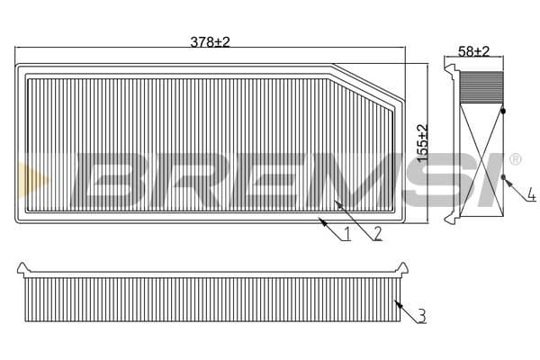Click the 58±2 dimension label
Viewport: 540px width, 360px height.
pos(472,51)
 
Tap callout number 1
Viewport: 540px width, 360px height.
pos(346,236)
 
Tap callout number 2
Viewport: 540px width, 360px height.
pos(378,234)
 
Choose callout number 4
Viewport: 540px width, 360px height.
pos(531,193)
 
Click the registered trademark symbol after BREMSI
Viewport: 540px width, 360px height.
pos(515,159)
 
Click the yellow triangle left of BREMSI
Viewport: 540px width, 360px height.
pos(24,172)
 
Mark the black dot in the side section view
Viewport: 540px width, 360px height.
pos(502,111)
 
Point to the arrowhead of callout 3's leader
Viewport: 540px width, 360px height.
pos(397,300)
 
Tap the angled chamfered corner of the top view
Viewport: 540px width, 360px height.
pos(364,79)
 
